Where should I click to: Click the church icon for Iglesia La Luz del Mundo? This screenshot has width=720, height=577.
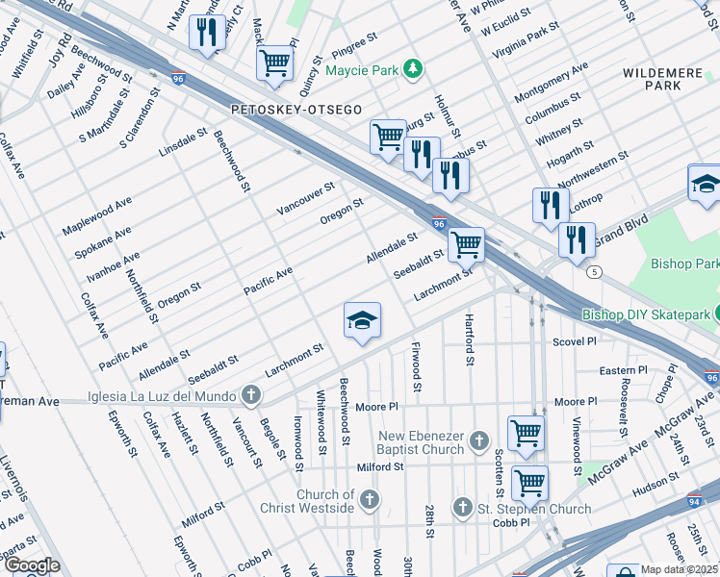pos(250,393)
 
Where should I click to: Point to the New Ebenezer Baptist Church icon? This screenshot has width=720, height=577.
pos(480,443)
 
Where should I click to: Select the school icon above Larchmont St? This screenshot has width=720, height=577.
pos(363,320)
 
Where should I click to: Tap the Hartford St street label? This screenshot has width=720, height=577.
pos(470,341)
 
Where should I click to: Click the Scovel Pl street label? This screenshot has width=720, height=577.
pos(576,341)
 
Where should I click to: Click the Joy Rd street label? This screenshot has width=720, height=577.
pos(64,53)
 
